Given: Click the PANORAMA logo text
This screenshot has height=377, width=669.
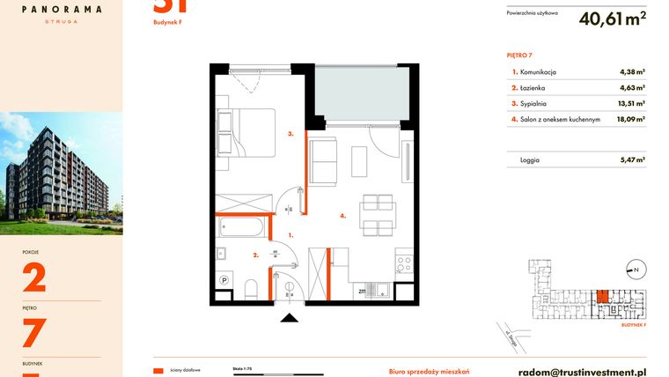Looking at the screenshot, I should pos(61,9).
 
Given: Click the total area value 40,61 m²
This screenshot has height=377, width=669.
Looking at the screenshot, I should pos(613,18).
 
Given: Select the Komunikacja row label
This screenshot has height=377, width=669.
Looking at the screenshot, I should pos(538,72).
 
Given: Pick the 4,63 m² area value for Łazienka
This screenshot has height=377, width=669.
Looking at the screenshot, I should pos(632,88).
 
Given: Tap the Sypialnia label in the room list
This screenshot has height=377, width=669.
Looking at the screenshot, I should pos(534,103).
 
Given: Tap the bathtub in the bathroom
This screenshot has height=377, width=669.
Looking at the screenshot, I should pos(241,228).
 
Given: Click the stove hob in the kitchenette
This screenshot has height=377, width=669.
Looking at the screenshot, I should pos(404,262).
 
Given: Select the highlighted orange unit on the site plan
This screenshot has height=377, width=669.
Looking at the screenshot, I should pos(603,298).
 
